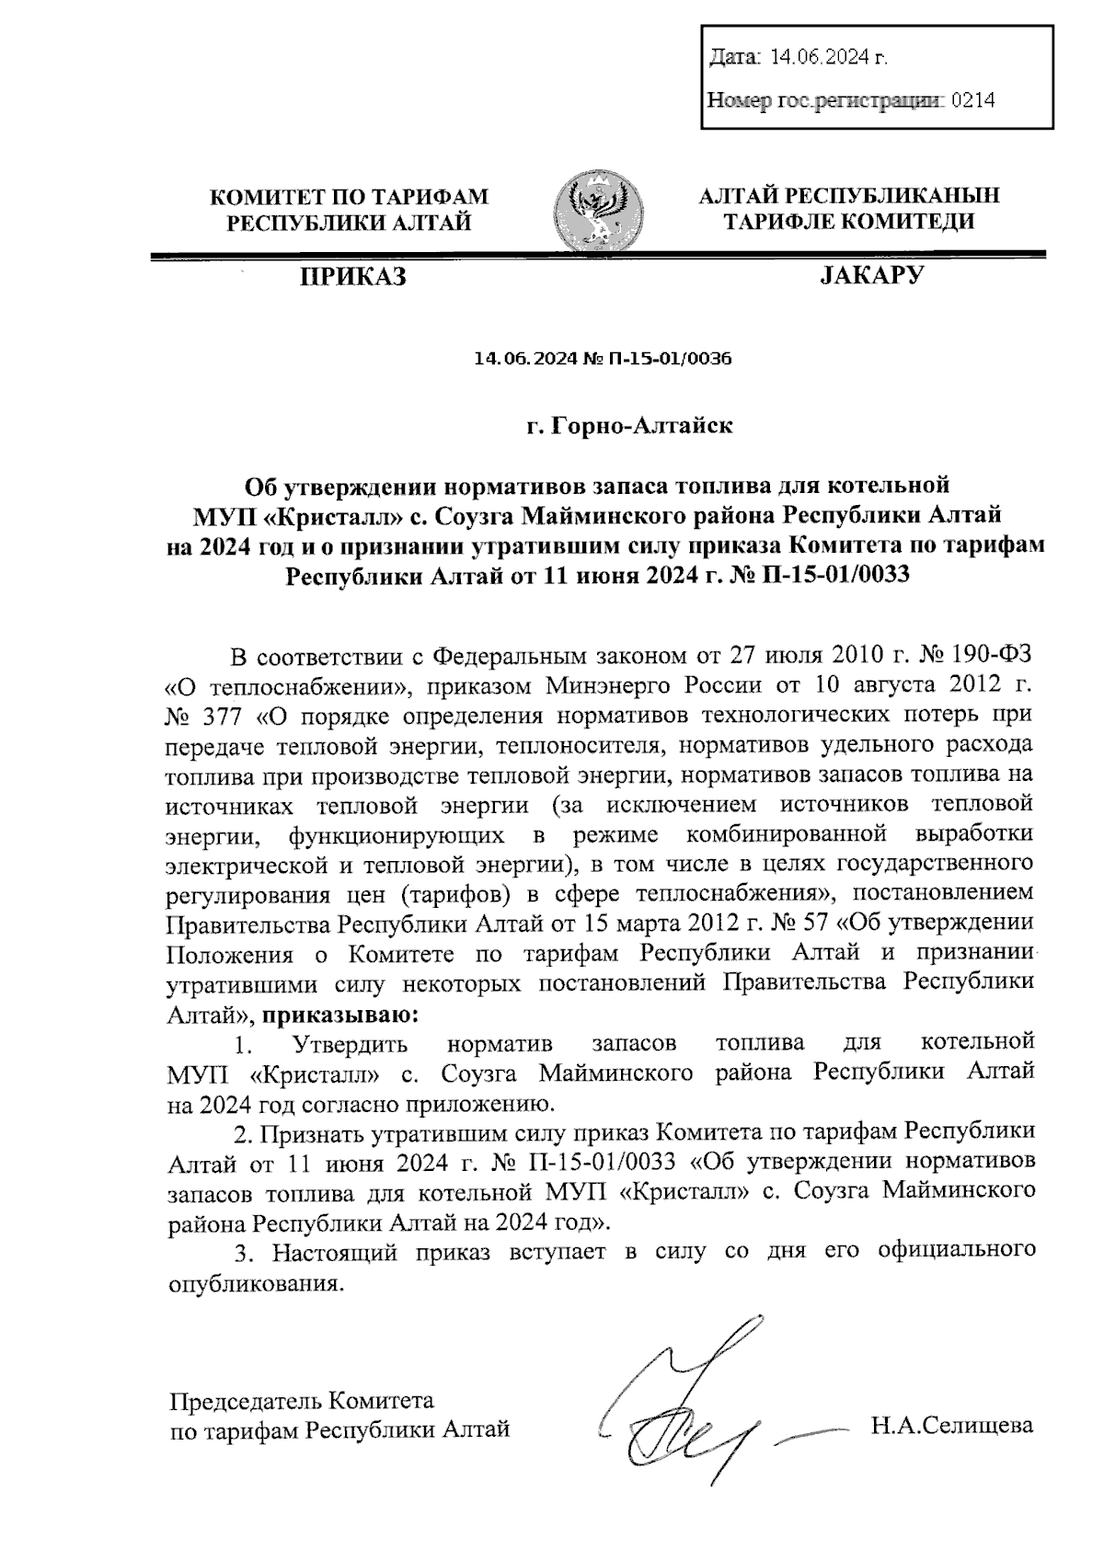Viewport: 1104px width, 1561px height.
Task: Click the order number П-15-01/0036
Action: coord(669,359)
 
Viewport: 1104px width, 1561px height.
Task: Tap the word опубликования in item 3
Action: coord(257,1285)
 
